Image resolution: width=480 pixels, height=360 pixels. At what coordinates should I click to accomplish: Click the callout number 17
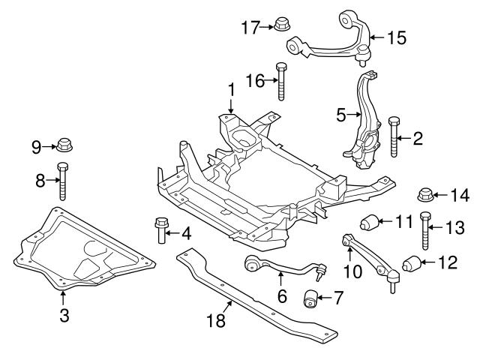pyautogui.click(x=249, y=28)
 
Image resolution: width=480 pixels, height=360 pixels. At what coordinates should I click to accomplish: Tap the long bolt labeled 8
pyautogui.click(x=62, y=180)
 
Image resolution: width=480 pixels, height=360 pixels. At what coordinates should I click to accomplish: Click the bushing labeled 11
pyautogui.click(x=370, y=223)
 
